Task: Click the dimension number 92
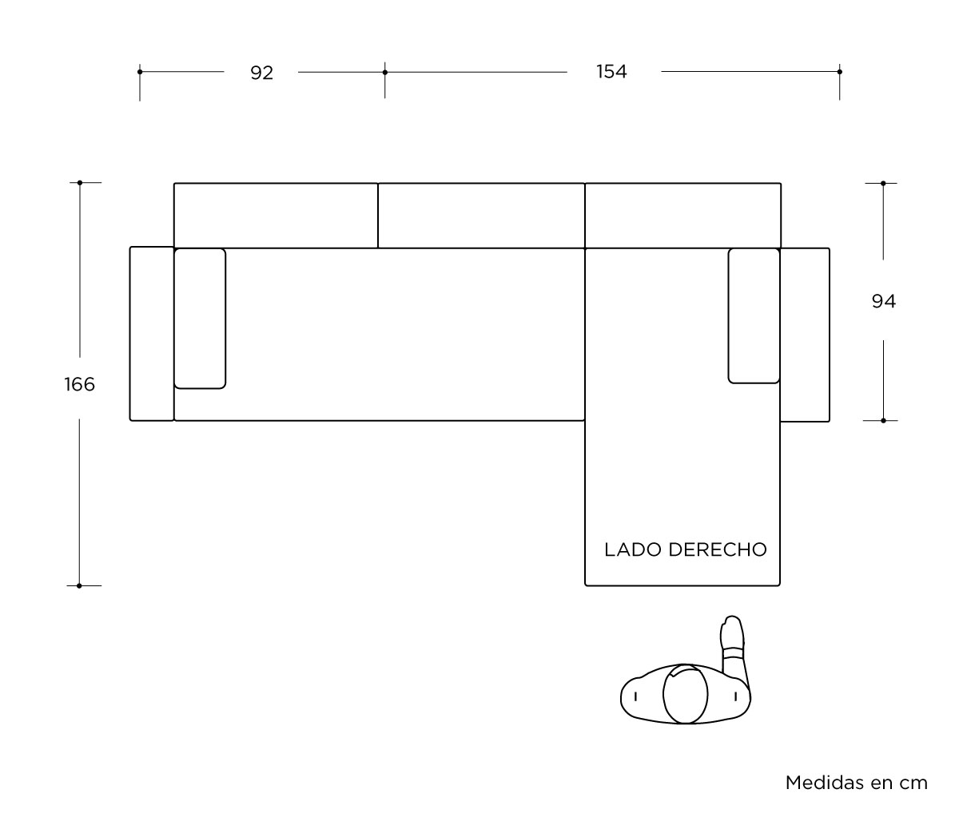(x=261, y=73)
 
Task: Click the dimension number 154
(x=611, y=72)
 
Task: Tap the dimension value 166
(x=79, y=384)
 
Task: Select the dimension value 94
(x=883, y=301)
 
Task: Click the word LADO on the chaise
(x=633, y=549)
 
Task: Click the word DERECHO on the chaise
(x=718, y=549)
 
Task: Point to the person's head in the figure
(x=685, y=694)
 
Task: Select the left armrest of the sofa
(x=152, y=334)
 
